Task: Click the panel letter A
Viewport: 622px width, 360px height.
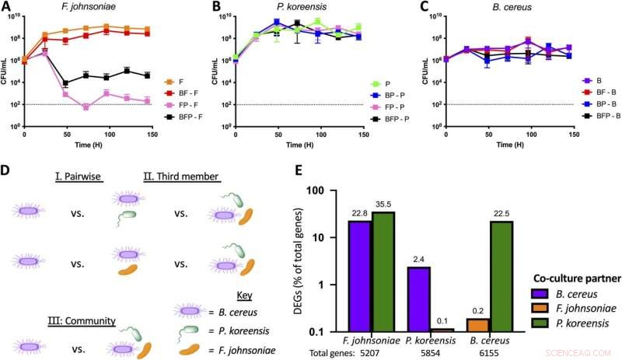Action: [x=6, y=8]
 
